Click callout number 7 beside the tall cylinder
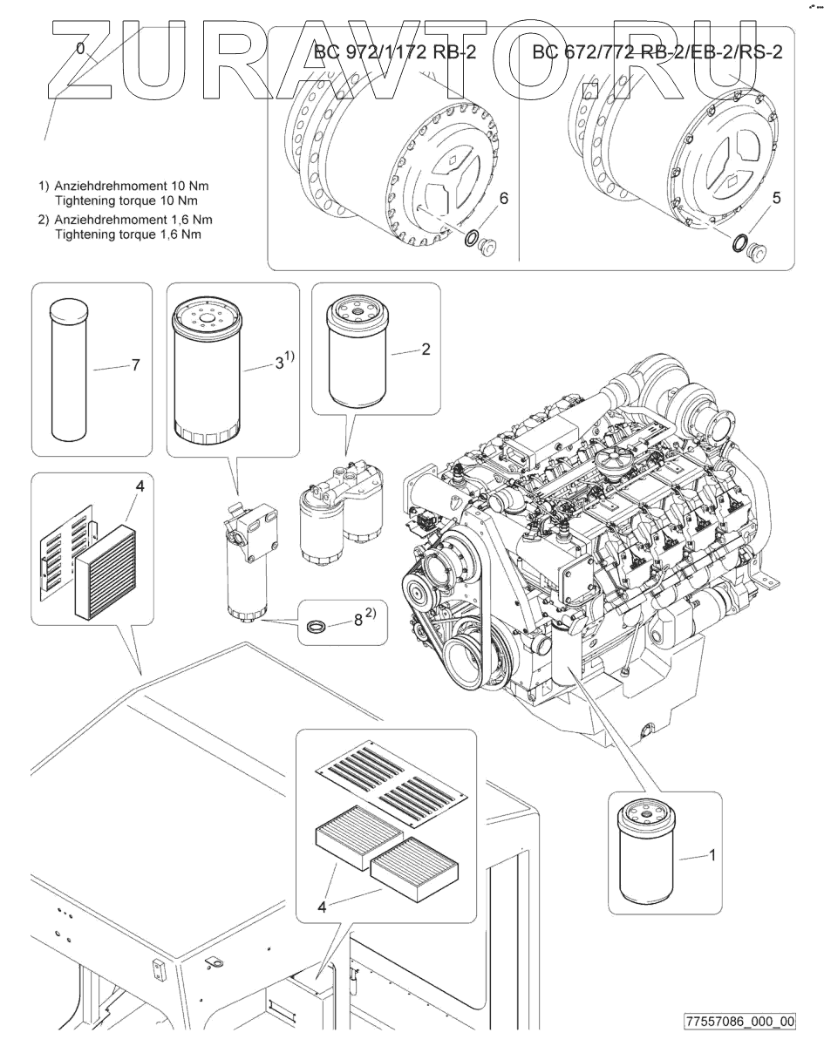point(136,365)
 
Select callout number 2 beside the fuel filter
point(426,350)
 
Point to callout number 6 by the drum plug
point(504,199)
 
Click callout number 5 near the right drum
point(776,198)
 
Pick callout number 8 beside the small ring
point(358,620)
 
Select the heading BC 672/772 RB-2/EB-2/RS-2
point(657,52)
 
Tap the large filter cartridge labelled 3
point(206,370)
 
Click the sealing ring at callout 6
point(471,239)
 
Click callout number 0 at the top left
point(80,50)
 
